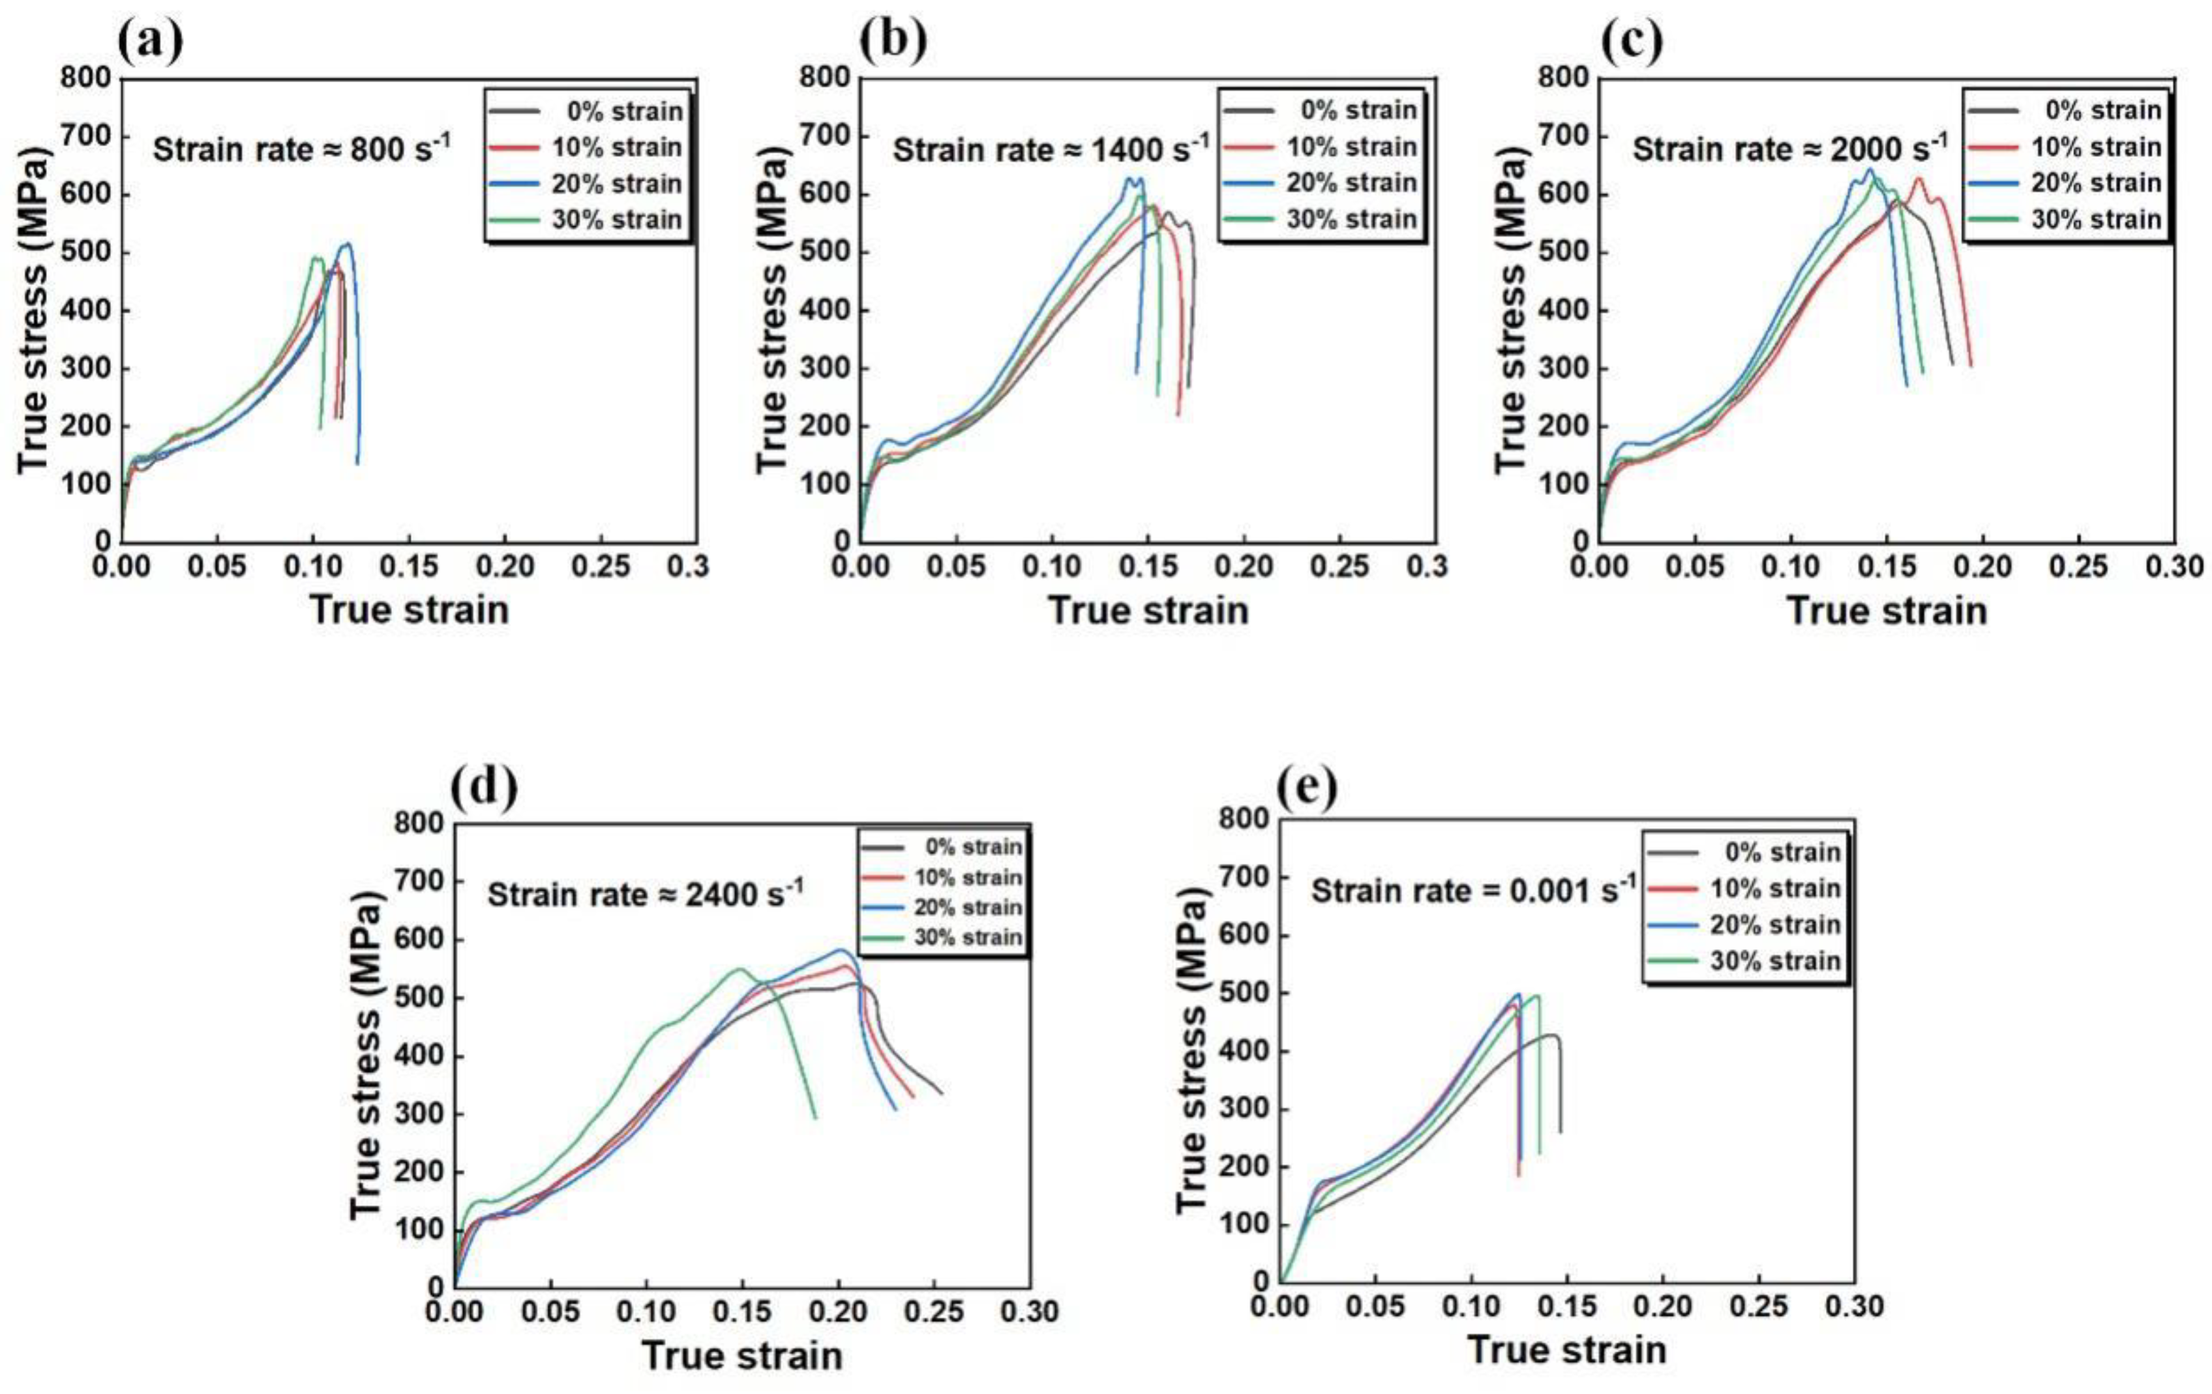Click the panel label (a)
pyautogui.click(x=151, y=41)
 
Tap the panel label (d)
pyautogui.click(x=484, y=787)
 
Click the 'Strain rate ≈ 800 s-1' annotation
pyautogui.click(x=301, y=149)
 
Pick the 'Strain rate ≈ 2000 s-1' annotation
pyautogui.click(x=1789, y=149)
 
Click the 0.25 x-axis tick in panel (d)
pyautogui.click(x=934, y=1311)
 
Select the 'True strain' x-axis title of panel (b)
pyautogui.click(x=1148, y=610)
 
